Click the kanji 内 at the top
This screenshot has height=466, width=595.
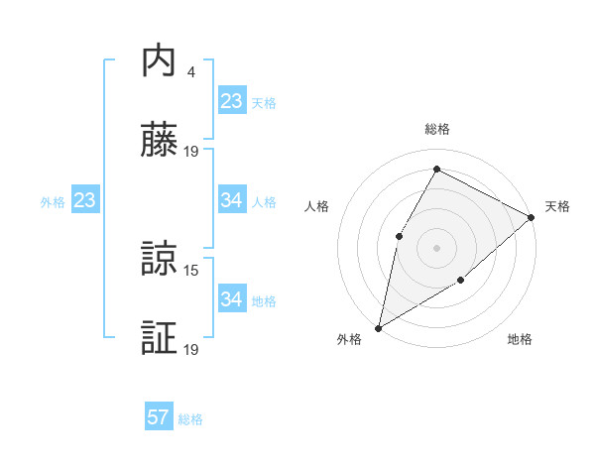pyautogui.click(x=159, y=60)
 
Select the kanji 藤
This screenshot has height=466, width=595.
pyautogui.click(x=159, y=141)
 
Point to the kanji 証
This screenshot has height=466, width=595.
pyautogui.click(x=159, y=339)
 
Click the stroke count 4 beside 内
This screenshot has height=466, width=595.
pyautogui.click(x=190, y=72)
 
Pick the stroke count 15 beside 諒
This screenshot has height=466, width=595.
pyautogui.click(x=192, y=270)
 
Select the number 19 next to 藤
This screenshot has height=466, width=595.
pyautogui.click(x=192, y=152)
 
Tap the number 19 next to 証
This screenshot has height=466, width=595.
pyautogui.click(x=192, y=350)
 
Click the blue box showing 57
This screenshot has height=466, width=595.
pyautogui.click(x=159, y=417)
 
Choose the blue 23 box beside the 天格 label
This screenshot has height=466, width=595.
pyautogui.click(x=232, y=101)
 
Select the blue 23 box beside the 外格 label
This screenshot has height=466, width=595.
pyautogui.click(x=85, y=200)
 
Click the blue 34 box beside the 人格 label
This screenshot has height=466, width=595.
pyautogui.click(x=232, y=200)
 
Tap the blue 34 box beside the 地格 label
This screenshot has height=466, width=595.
pyautogui.click(x=232, y=299)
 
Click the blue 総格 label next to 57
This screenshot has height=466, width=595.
pyautogui.click(x=190, y=419)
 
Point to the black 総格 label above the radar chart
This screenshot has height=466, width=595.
pyautogui.click(x=436, y=129)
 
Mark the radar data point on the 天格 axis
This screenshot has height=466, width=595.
pyautogui.click(x=532, y=217)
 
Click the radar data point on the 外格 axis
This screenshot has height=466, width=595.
pyautogui.click(x=378, y=327)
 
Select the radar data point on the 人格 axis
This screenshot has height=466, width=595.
pyautogui.click(x=399, y=235)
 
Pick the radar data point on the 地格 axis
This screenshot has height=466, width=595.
pyautogui.click(x=461, y=281)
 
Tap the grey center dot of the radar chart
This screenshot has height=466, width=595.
pyautogui.click(x=436, y=247)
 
